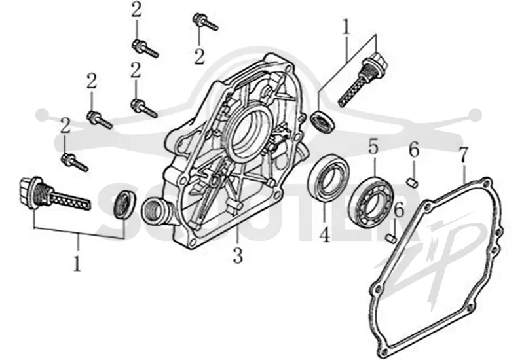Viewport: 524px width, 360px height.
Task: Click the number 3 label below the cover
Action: coord(238,256)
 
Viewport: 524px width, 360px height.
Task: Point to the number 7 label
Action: coord(464,154)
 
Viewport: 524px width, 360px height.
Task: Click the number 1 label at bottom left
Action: coord(77,264)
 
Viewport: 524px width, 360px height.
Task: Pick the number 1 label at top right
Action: coord(346,27)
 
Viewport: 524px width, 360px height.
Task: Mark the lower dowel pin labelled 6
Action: coord(391,238)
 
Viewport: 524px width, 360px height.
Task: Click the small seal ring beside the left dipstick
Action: coord(125,205)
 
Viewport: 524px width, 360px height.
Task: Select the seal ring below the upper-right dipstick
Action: coord(322,121)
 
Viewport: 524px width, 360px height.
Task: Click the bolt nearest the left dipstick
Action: coord(75,162)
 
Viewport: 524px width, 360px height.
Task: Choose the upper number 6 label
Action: coord(414,151)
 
